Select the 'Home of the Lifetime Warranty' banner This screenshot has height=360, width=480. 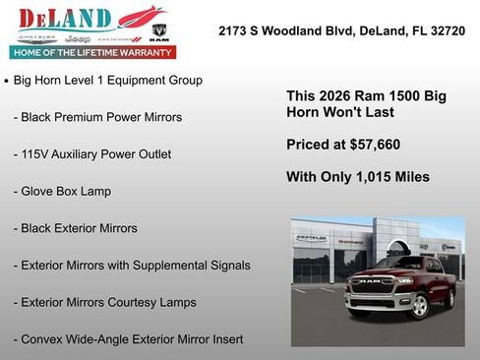click(91, 51)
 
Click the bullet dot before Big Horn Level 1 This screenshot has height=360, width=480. click(7, 81)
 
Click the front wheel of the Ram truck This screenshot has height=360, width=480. click(420, 305)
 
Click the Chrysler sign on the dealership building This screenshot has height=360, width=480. click(312, 238)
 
